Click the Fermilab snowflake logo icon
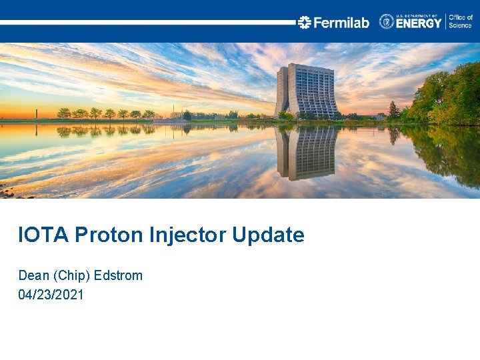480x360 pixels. (305, 22)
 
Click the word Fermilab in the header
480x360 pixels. (341, 23)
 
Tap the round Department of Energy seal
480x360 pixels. (387, 21)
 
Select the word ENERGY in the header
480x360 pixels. (419, 23)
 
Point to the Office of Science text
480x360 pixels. (460, 21)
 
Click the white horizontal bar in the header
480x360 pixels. (147, 22)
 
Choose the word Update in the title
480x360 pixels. (269, 235)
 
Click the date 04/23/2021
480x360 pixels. (51, 294)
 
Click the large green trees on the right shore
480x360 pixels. (447, 97)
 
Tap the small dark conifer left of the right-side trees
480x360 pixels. (393, 110)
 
